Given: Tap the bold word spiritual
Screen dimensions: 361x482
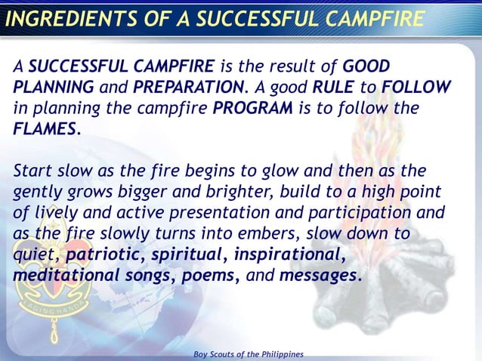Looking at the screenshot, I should point(192,255).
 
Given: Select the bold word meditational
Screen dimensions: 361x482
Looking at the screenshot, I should point(63,276).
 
